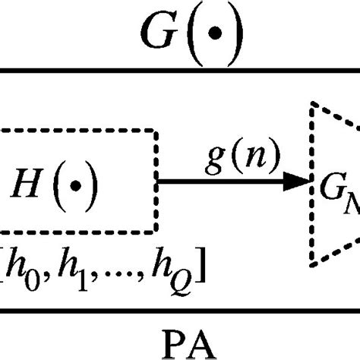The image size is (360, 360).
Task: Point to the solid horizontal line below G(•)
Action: click(x=180, y=71)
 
